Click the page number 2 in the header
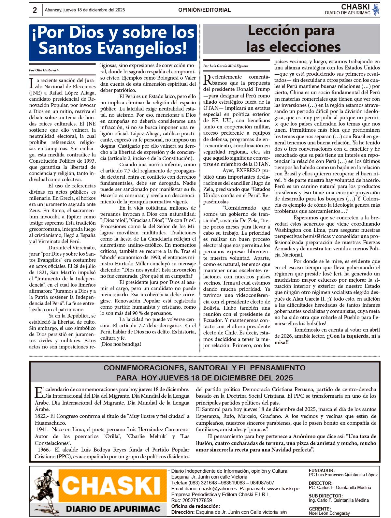pyautogui.click(x=35, y=10)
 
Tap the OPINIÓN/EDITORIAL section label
pyautogui.click(x=204, y=10)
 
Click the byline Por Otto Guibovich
pyautogui.click(x=44, y=70)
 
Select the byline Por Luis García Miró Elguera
pyautogui.click(x=225, y=66)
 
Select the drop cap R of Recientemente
pyautogui.click(x=207, y=80)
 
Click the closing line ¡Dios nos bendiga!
pyautogui.click(x=121, y=344)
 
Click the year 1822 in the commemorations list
pyautogui.click(x=41, y=416)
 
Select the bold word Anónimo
pyautogui.click(x=304, y=436)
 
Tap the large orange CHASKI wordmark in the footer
pyautogui.click(x=112, y=485)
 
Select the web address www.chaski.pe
pyautogui.click(x=283, y=488)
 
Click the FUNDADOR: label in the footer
pyautogui.click(x=322, y=470)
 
